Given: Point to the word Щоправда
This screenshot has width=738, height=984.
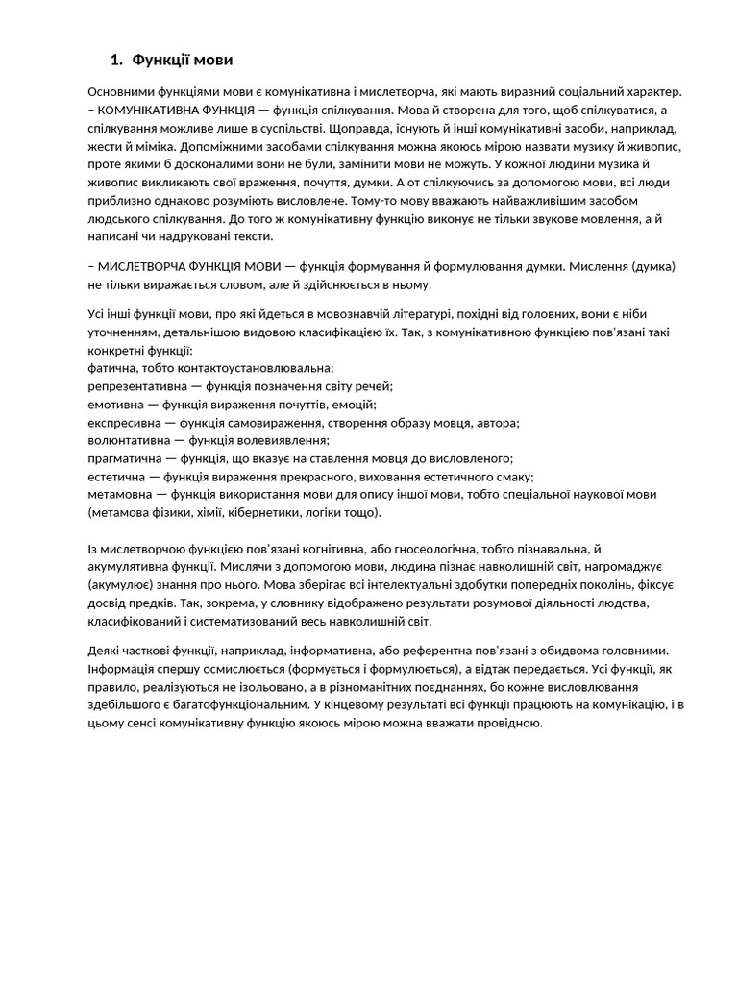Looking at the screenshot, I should [362, 128].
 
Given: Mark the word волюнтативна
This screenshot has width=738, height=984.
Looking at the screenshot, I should [125, 441].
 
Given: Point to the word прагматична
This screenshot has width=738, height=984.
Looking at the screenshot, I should [122, 459].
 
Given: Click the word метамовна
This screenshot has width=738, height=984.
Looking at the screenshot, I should [118, 495].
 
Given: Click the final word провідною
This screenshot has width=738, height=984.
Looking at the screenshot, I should [503, 724].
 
